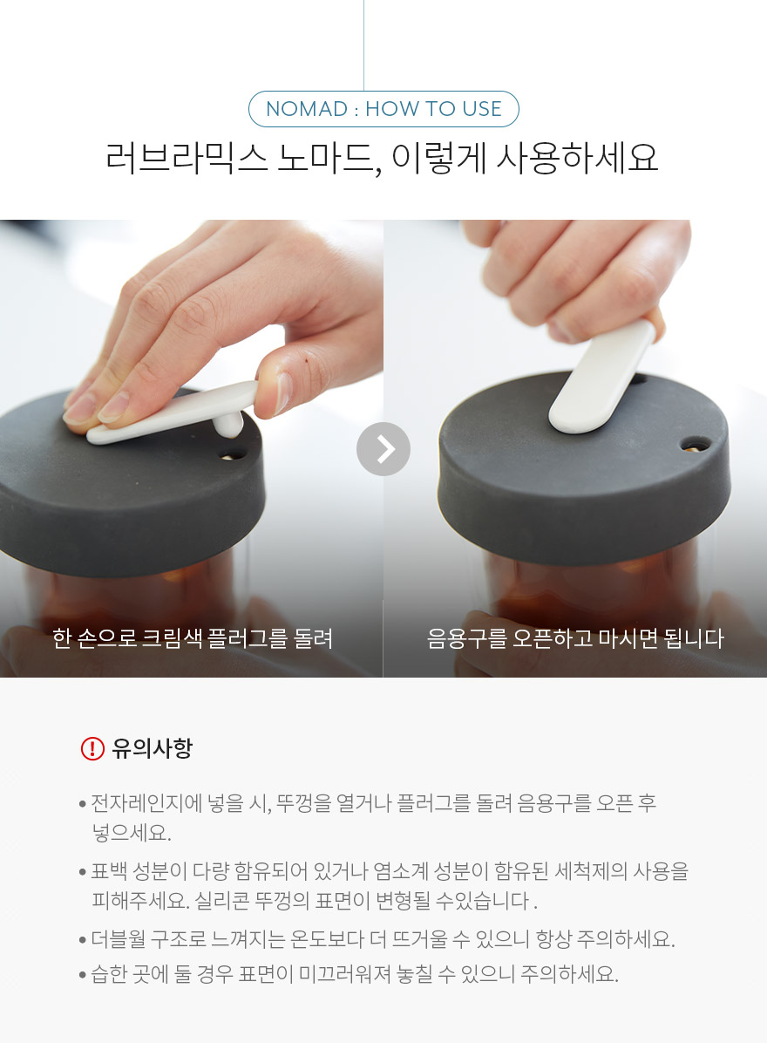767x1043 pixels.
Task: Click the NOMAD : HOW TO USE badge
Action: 383,109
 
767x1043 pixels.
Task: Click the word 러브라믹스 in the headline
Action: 187,159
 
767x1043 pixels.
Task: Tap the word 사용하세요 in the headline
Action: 577,159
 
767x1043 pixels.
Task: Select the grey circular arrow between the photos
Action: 383,449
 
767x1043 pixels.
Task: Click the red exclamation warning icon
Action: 92,748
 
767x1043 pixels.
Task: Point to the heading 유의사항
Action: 153,748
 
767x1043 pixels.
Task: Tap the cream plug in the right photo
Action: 602,378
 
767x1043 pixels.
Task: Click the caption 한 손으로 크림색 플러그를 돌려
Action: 193,638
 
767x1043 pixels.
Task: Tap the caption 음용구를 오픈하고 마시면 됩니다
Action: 575,638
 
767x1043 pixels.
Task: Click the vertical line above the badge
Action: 363,45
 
